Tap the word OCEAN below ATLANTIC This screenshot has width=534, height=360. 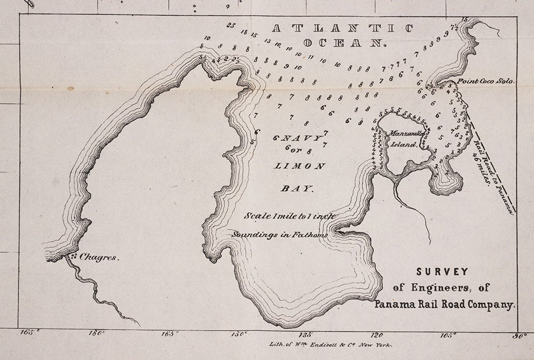(x=343, y=43)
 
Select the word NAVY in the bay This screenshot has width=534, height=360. (x=303, y=138)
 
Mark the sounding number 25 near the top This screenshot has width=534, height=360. (x=230, y=25)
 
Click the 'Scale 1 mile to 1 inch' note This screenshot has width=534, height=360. (x=289, y=216)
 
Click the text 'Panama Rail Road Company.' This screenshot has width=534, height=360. (x=445, y=306)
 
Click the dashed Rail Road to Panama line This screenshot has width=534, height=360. (x=491, y=160)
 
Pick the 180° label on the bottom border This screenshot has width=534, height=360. (x=97, y=334)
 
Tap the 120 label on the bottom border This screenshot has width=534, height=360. (x=378, y=335)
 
